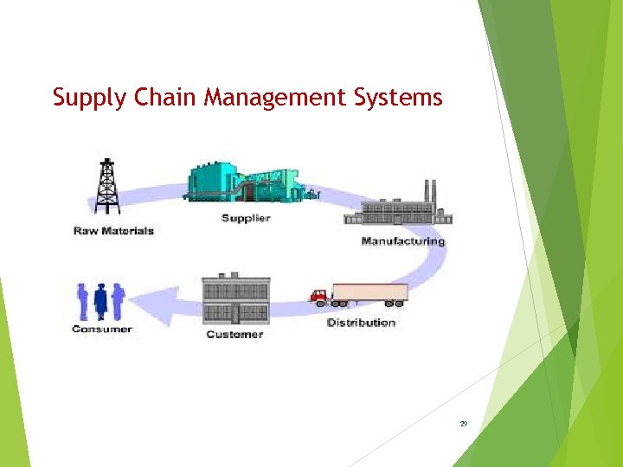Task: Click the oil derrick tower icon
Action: pos(106,186)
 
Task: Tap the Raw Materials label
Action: pos(113,231)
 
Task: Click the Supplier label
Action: pos(246,218)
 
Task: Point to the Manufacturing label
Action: pos(402,240)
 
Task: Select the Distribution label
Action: pos(361,323)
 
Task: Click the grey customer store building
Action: pos(235,299)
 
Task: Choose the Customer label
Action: pos(234,334)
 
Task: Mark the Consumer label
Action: pos(102,329)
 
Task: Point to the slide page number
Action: pos(464,424)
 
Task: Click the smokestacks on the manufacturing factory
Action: pos(428,190)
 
